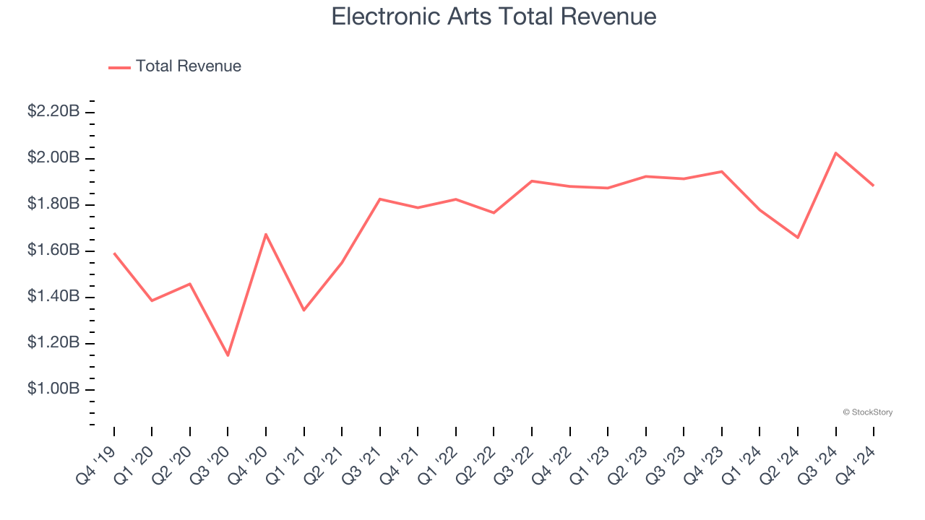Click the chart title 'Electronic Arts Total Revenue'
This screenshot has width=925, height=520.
494,17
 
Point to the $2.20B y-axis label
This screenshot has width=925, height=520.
53,111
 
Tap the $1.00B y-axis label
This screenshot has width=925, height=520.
53,389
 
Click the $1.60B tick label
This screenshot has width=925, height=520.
53,251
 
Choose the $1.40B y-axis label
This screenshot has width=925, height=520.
53,297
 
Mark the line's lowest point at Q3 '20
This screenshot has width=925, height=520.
228,355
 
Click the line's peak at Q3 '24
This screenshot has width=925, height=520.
835,153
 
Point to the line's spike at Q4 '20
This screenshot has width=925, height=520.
266,234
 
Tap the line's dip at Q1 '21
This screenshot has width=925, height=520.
304,311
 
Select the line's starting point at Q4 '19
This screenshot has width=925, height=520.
114,253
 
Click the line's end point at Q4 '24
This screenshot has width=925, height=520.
873,186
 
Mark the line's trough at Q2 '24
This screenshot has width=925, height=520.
798,238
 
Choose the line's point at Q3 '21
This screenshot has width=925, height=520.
380,199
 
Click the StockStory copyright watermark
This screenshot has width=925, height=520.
867,412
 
